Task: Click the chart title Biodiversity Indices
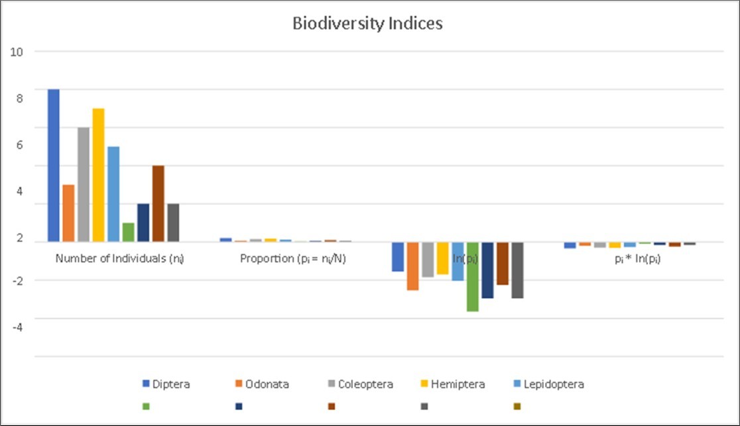point(367,24)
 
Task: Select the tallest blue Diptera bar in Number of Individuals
point(54,166)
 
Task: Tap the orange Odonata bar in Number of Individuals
point(68,213)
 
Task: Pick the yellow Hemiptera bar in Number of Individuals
point(98,176)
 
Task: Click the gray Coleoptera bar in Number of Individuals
point(84,185)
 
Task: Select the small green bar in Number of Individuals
point(128,233)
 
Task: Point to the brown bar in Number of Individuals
point(158,204)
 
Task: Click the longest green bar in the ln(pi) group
point(472,276)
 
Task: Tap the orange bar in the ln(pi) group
point(412,266)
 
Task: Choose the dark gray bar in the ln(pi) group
point(517,270)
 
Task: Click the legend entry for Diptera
point(166,384)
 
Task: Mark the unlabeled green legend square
point(146,406)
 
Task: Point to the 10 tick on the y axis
point(17,52)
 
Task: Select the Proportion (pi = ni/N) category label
point(293,259)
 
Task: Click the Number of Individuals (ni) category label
point(119,259)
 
